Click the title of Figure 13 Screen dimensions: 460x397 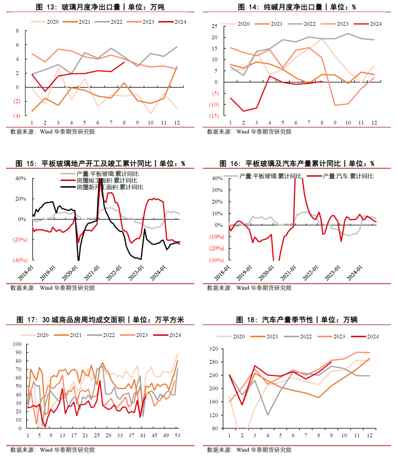[x=100, y=7]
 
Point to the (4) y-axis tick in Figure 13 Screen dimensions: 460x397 [x=17, y=116]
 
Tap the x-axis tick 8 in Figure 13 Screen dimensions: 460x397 [x=124, y=123]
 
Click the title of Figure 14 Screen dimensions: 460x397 [x=297, y=7]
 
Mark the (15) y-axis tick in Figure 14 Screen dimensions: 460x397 [x=214, y=116]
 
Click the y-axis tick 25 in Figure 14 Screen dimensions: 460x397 [x=214, y=26]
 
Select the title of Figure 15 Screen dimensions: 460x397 [x=100, y=163]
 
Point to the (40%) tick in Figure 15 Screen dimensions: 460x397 [x=20, y=260]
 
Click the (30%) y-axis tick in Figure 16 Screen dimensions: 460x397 [x=217, y=260]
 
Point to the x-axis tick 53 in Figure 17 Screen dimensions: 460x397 [x=177, y=435]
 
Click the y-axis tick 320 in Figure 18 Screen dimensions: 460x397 [x=214, y=349]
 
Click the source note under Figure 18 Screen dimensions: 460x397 [x=249, y=450]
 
